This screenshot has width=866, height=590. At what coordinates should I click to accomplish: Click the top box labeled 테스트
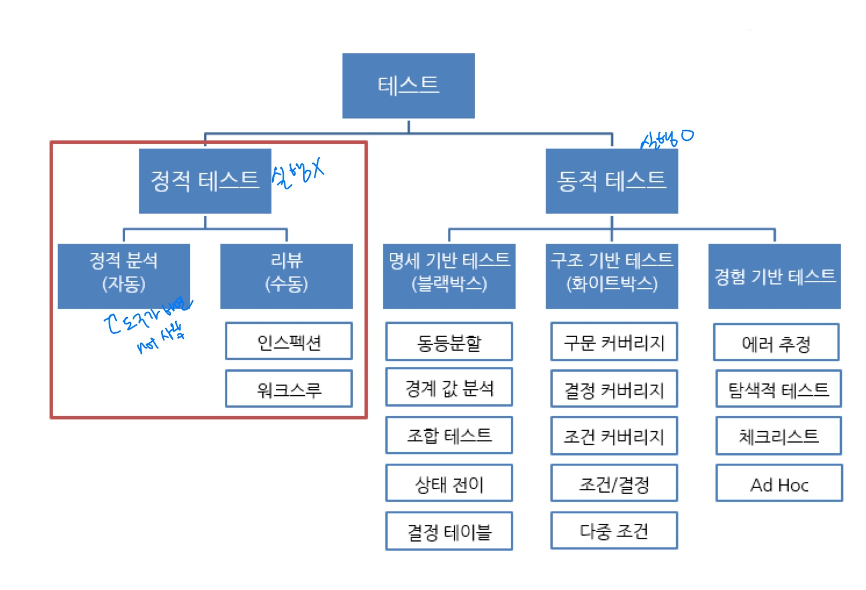click(x=408, y=86)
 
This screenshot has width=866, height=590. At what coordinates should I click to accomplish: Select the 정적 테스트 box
click(x=205, y=181)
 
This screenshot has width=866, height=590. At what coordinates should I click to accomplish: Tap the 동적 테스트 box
click(x=611, y=181)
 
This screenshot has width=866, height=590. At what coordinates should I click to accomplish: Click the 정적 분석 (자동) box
click(x=124, y=276)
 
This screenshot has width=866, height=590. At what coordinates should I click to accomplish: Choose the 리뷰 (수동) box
click(x=286, y=276)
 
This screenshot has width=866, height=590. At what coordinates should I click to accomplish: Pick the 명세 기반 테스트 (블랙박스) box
click(x=449, y=276)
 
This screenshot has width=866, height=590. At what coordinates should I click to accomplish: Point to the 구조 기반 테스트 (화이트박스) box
click(x=611, y=276)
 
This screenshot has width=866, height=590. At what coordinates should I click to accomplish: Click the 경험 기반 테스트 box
click(x=774, y=276)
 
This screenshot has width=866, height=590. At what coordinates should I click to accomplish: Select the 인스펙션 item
click(x=288, y=341)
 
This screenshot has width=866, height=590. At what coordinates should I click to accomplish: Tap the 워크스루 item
click(x=288, y=389)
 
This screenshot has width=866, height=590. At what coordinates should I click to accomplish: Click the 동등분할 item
click(x=449, y=342)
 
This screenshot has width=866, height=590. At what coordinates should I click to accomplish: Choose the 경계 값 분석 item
click(x=449, y=388)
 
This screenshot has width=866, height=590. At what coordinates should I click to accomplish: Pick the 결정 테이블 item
click(x=449, y=531)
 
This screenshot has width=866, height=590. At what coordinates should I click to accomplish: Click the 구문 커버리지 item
click(x=614, y=342)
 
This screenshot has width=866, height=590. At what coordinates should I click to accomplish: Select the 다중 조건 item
click(x=614, y=530)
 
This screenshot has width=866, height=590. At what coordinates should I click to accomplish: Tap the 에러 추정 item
click(x=776, y=342)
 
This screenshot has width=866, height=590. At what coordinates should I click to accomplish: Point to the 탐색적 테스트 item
click(x=778, y=389)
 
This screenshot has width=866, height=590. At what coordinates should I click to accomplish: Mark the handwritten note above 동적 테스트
click(x=667, y=139)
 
